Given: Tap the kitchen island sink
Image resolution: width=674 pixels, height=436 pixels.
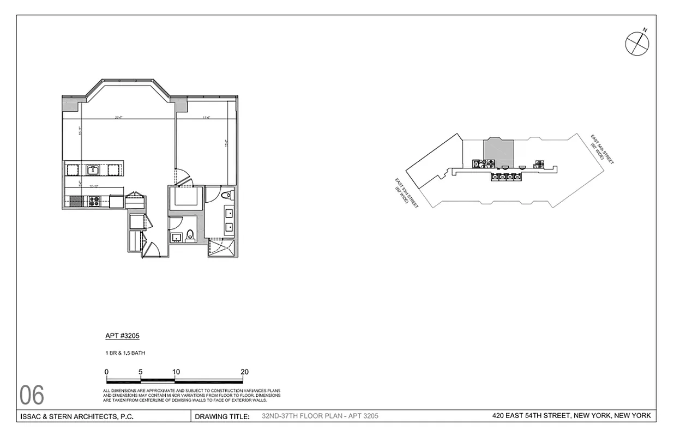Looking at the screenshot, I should tap(93, 169).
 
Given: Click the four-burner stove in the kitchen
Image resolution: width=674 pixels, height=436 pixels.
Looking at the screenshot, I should tap(93, 201).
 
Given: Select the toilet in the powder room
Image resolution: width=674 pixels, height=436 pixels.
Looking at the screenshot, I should tap(190, 235).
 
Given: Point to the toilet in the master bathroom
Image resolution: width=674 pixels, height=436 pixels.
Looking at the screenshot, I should tap(227, 195).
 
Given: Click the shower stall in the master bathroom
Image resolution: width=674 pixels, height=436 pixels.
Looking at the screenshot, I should tap(223, 248).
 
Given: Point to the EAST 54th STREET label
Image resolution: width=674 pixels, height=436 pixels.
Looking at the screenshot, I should tap(603, 149).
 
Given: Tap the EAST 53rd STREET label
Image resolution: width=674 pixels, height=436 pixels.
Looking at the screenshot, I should tap(406, 194).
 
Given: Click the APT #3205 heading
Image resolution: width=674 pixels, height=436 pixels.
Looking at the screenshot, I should tap(118, 336).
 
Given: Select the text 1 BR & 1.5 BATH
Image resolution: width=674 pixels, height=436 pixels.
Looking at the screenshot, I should tap(125, 353).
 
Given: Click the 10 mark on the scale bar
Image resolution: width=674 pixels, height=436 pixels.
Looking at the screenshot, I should tap(176, 372).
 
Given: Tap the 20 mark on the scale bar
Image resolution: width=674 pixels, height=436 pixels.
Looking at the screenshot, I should tap(244, 372).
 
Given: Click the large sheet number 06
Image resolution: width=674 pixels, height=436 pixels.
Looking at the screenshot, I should tap(32, 395).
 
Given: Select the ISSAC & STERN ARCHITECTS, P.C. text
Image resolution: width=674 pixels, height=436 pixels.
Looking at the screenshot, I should tap(76, 417).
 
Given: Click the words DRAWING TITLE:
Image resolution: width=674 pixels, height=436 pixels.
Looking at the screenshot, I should tap(222, 417).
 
